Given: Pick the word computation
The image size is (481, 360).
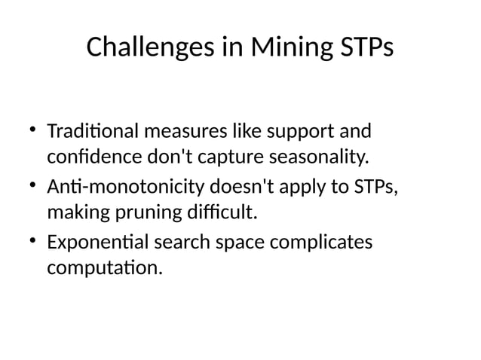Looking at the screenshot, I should (x=103, y=269).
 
